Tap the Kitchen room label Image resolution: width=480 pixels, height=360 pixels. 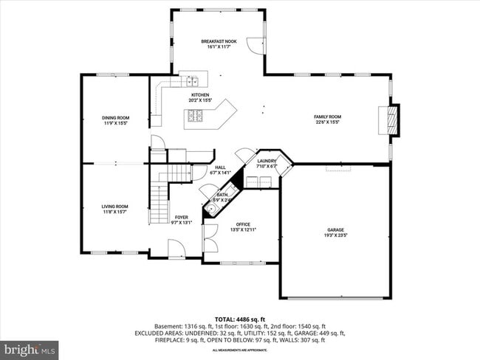(x=200, y=95)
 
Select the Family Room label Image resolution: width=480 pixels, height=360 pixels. (x=328, y=117)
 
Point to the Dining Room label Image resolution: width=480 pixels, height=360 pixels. (x=115, y=118)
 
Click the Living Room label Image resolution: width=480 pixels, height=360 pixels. (x=115, y=207)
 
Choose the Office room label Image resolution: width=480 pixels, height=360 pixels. (x=243, y=224)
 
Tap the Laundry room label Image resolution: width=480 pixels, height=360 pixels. (x=267, y=161)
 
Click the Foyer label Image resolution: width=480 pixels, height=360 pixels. (x=181, y=217)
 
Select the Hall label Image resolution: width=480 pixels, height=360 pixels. (x=220, y=167)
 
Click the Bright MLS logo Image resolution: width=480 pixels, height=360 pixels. (x=30, y=347)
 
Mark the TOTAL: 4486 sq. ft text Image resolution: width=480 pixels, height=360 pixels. (x=239, y=319)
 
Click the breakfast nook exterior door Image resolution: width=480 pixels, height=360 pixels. (x=255, y=45)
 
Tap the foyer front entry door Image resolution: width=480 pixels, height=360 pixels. (x=176, y=250)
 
